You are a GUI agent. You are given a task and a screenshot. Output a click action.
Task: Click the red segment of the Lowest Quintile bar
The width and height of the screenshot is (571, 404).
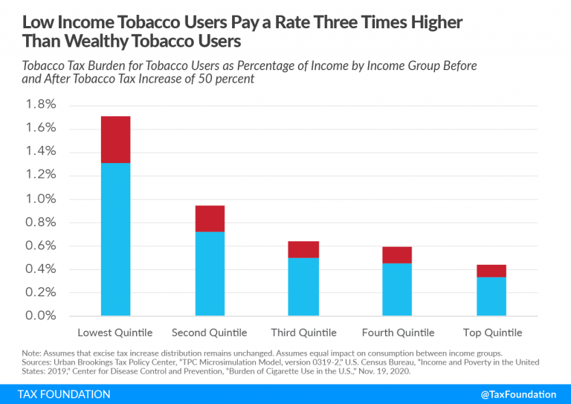115,140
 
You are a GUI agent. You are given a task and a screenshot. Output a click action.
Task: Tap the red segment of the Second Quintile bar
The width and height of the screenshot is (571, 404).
210,219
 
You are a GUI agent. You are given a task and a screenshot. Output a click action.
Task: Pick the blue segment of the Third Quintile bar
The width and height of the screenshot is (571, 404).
303,287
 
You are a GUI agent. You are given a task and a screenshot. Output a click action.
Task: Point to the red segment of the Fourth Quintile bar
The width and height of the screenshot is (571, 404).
397,255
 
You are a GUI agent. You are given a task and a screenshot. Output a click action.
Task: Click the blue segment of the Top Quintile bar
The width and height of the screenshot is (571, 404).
491,297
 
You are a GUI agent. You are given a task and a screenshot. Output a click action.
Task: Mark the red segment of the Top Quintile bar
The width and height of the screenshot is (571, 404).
491,271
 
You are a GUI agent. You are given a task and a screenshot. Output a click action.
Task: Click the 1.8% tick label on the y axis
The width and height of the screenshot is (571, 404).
41,105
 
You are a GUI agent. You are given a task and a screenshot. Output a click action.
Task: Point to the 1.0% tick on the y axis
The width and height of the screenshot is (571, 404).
41,199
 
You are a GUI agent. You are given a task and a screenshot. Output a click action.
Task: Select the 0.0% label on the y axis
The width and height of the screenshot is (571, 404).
41,315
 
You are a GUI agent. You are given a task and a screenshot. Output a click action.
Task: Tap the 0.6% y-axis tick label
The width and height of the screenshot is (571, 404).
41,246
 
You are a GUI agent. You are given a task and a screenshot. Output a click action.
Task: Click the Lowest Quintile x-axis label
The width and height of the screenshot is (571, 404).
115,333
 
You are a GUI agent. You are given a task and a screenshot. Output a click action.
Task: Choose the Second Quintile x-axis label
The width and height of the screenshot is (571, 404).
210,333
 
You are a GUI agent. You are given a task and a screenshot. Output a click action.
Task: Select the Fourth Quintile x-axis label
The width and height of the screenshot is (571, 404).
397,333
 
